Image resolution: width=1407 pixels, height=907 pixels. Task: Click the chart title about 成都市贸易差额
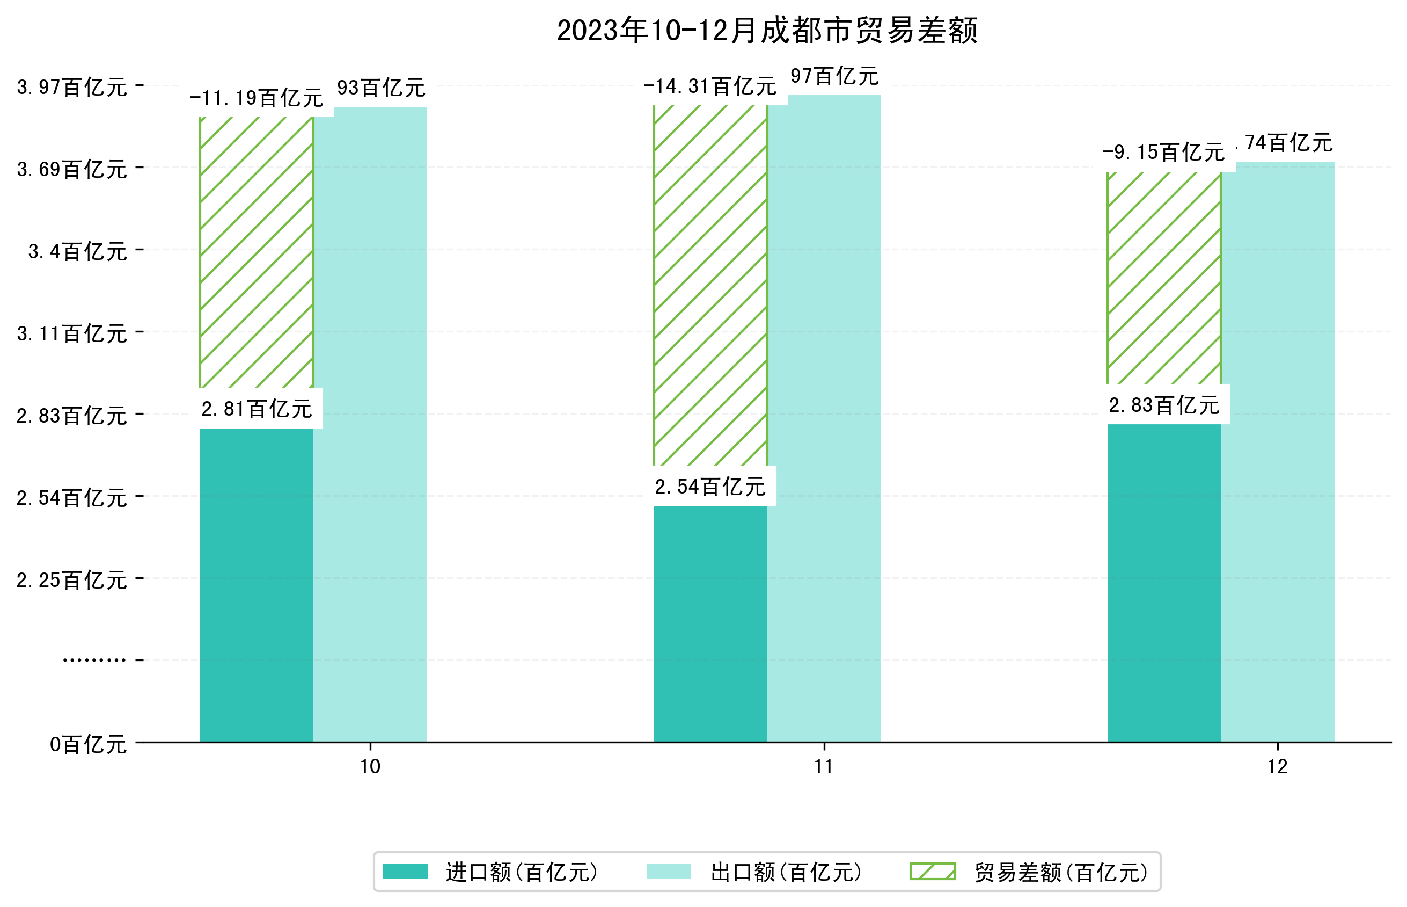767,31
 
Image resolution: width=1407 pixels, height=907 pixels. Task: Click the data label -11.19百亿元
257,98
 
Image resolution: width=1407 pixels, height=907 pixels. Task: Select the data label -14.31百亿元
710,86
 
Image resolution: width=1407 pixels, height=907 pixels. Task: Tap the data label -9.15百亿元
1163,153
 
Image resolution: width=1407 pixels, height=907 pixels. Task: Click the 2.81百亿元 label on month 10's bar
257,409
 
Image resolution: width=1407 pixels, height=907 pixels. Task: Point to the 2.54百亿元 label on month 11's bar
710,487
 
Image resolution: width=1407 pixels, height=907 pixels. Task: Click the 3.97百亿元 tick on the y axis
72,87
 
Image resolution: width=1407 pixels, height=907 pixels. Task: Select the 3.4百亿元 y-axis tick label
78,251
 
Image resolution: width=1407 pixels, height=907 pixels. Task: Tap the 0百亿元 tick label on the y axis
88,744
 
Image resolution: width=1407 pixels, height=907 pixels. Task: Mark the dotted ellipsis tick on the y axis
94,660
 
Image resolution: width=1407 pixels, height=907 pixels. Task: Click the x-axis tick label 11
824,767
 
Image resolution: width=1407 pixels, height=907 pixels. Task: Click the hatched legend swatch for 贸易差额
932,872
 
